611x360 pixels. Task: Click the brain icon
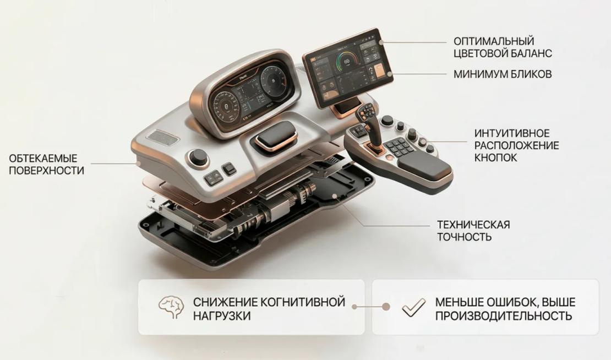171,307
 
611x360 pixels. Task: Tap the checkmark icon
414,307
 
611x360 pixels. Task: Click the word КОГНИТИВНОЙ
302,302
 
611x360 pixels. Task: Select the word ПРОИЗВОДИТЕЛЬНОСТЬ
504,315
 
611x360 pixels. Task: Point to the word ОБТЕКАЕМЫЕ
43,158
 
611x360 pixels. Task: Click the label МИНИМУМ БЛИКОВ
503,74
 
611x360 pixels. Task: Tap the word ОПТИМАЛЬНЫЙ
494,41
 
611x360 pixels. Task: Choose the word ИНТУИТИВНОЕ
511,133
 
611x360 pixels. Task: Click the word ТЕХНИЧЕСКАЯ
473,225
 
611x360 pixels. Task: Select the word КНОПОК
495,158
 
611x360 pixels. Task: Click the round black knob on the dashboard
198,157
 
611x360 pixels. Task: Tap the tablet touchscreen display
346,68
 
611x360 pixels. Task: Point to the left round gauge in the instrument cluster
225,105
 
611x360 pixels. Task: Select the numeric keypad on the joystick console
398,146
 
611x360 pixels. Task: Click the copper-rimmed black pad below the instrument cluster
276,135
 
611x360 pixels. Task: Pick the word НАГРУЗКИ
222,315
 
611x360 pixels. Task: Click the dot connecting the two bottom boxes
386,307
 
